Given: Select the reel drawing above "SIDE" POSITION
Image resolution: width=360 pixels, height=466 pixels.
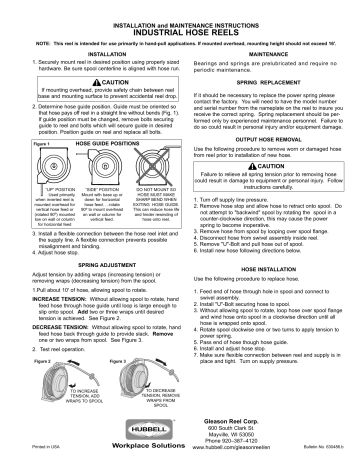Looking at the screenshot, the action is pos(94,165).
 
